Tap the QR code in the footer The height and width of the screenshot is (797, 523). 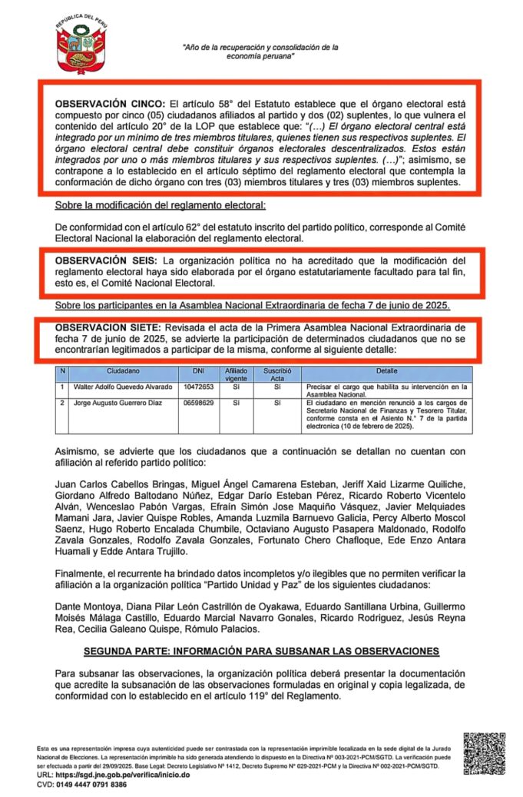click(x=484, y=753)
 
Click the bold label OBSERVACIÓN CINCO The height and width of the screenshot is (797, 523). click(x=109, y=103)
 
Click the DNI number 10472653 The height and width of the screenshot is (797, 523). click(x=198, y=387)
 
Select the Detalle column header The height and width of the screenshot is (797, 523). click(x=386, y=371)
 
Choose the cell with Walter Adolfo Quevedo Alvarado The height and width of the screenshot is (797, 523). click(x=122, y=387)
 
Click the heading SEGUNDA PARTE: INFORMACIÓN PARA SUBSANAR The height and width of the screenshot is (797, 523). click(x=261, y=651)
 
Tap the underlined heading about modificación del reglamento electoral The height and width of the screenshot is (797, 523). click(x=161, y=206)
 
